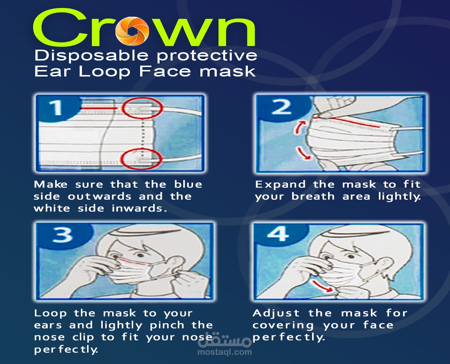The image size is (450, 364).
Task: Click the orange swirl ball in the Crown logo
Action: coord(132,31)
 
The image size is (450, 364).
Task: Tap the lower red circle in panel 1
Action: coord(141,159)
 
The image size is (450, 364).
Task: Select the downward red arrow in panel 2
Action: coord(304,153)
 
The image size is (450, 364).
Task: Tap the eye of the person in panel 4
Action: coord(351,257)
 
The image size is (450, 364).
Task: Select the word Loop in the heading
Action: coord(105,72)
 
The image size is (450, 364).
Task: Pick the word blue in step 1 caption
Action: coord(188,185)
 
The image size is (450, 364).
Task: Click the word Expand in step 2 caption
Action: coord(281,185)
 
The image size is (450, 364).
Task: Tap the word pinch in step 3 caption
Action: coord(167,325)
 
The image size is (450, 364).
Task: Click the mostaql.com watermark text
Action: coord(225,352)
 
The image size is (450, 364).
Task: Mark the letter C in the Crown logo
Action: coord(60,28)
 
